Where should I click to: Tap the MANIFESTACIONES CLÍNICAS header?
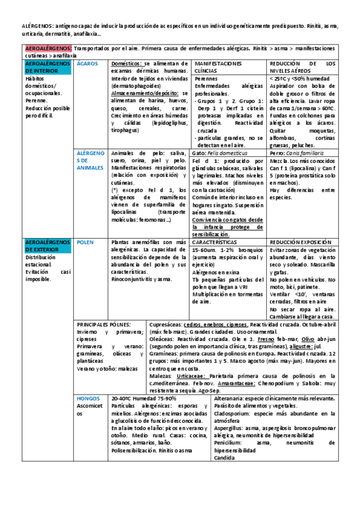[x=218, y=67]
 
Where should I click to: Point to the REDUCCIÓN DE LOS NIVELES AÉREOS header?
[x=302, y=67]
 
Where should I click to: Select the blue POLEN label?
[x=85, y=242]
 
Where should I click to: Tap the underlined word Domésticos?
[x=127, y=63]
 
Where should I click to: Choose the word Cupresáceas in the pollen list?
[x=165, y=324]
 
